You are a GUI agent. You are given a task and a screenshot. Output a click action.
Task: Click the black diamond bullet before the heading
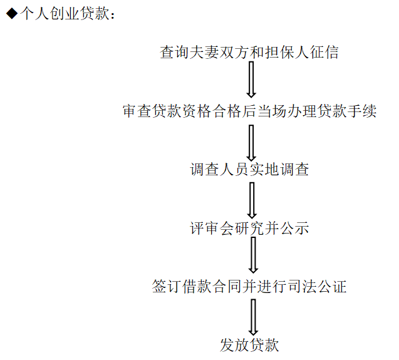(x=12, y=14)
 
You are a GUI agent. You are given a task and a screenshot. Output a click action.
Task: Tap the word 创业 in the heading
(x=65, y=14)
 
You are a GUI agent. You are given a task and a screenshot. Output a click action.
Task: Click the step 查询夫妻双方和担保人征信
(x=249, y=53)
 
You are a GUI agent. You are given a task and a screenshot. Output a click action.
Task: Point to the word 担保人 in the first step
(x=286, y=53)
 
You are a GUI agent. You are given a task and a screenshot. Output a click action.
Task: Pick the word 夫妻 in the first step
(x=204, y=53)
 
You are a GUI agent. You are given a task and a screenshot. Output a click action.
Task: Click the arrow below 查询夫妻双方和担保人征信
(x=251, y=80)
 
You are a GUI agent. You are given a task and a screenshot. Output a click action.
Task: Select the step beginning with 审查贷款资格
(x=249, y=111)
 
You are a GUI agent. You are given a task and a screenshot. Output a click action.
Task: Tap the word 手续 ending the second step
(x=361, y=111)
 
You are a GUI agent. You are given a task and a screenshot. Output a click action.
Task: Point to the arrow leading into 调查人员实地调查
(x=251, y=143)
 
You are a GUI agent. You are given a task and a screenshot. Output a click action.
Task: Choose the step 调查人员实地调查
(x=249, y=170)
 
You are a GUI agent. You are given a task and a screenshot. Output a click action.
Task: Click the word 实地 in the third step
(x=264, y=170)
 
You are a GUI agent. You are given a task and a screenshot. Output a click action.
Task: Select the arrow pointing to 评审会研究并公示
(x=252, y=200)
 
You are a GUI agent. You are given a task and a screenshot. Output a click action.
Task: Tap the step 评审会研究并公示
(x=249, y=228)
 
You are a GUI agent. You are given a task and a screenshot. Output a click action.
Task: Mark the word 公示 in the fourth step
(x=294, y=228)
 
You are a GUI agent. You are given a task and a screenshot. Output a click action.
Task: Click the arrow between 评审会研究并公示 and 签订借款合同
(x=253, y=255)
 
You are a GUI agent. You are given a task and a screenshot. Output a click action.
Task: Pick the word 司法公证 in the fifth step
(x=317, y=287)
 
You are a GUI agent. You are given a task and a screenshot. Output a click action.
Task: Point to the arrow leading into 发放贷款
(x=253, y=317)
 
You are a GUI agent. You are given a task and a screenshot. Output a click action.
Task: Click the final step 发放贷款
(x=249, y=345)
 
